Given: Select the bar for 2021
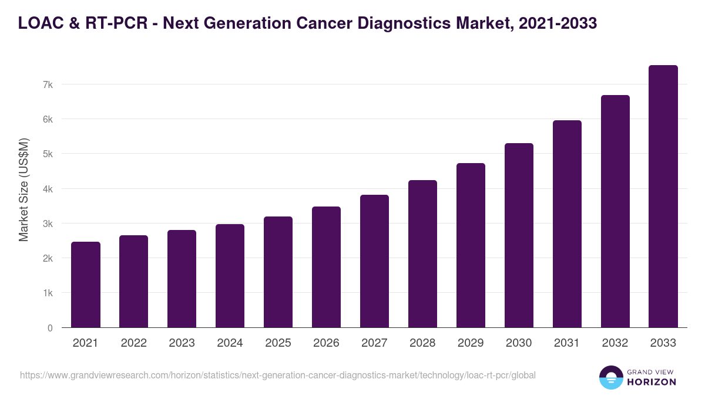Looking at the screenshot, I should point(86,285).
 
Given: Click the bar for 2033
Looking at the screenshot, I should point(663,197).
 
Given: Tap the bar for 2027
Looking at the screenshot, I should point(374,261).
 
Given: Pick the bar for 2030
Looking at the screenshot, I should point(519,235).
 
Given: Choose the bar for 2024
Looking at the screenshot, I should point(230,276).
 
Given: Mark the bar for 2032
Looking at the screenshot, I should point(615,211).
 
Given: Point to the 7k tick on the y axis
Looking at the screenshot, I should point(48,84).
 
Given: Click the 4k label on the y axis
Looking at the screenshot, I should point(48,189).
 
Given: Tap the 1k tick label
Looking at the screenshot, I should point(48,293).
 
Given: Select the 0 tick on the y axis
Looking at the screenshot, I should point(50,328).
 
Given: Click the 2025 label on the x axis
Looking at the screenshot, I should point(278,343).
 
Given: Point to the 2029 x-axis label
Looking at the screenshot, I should point(471,343).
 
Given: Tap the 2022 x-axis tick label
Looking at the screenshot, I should point(133,343).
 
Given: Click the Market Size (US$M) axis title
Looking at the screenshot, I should point(23,189).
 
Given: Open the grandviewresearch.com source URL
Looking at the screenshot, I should point(278,375).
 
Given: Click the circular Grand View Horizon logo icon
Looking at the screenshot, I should point(611,377).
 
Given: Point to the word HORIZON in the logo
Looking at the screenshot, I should point(652,381).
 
